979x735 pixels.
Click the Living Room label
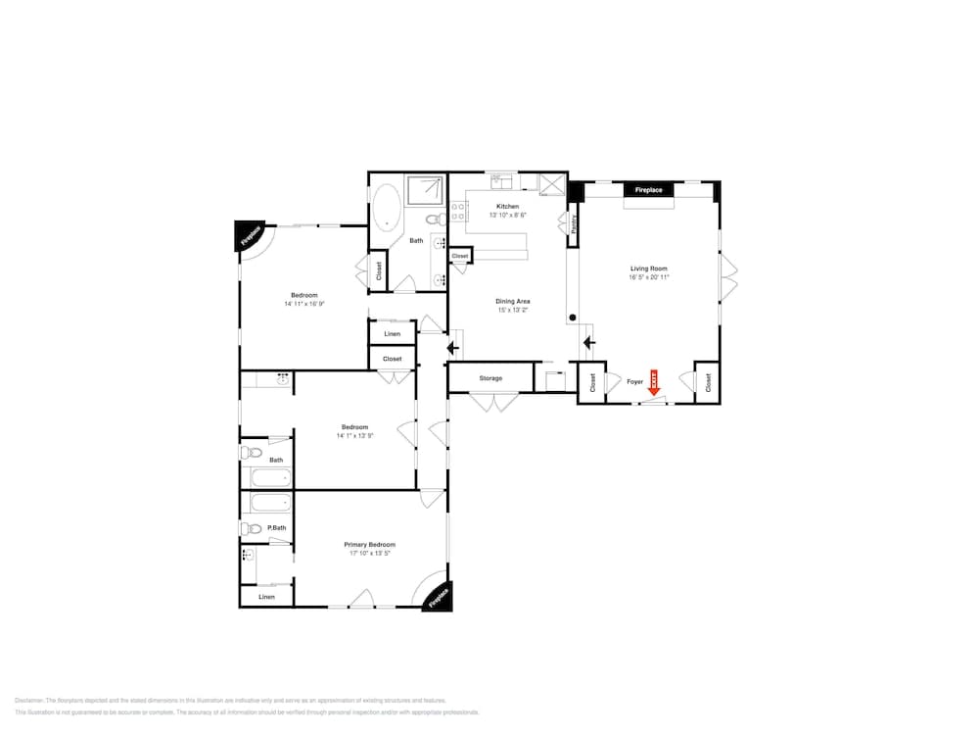[x=649, y=269]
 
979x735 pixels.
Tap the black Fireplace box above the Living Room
[x=648, y=189]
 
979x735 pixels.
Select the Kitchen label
[x=507, y=206]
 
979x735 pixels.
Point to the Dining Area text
[x=513, y=301]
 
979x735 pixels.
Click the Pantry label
[x=574, y=223]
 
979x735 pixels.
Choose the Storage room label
[x=490, y=378]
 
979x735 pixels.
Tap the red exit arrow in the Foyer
[x=655, y=384]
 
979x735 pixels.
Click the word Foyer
[x=634, y=382]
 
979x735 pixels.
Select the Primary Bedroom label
[x=369, y=545]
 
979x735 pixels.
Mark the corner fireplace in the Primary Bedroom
[x=438, y=597]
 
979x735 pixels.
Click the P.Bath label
[x=276, y=528]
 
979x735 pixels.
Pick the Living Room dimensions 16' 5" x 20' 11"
[x=649, y=277]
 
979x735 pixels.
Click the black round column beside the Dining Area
[x=573, y=318]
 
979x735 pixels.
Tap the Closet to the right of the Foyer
[x=708, y=382]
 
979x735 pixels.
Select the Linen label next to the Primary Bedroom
[x=266, y=597]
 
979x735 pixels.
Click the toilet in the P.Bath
[x=253, y=529]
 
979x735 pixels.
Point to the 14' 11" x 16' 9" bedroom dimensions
[x=303, y=304]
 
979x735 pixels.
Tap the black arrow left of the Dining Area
[x=452, y=346]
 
